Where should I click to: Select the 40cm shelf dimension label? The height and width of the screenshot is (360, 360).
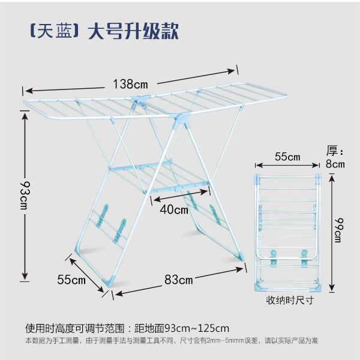point(174,209)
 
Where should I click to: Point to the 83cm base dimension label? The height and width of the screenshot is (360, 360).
point(179,280)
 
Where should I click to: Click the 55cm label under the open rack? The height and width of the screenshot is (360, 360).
point(71,280)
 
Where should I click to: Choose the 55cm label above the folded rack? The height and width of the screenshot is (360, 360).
point(287,157)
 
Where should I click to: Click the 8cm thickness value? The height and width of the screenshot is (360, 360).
point(335,164)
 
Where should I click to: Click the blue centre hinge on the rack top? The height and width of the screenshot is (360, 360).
point(141,101)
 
